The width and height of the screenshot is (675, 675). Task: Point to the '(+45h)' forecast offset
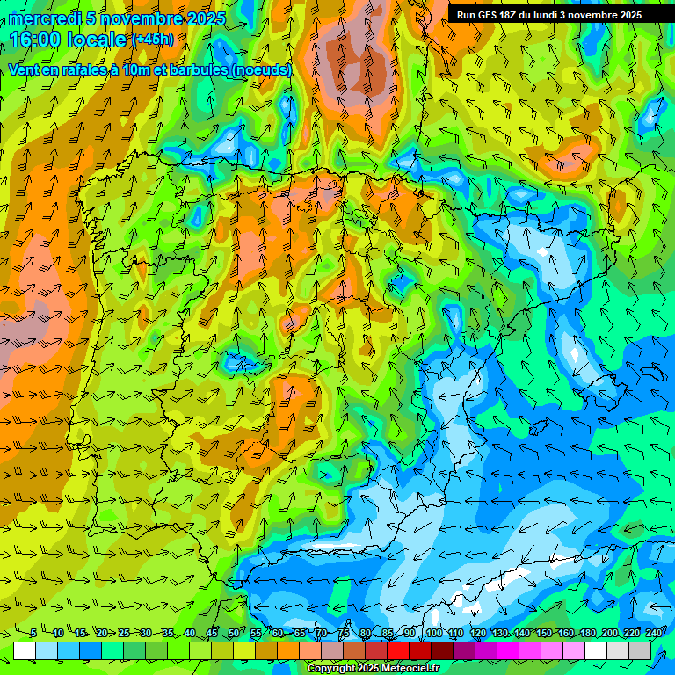click(x=151, y=40)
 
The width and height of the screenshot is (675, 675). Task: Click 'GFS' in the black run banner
click(x=486, y=15)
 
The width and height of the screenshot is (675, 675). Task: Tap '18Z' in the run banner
click(x=512, y=15)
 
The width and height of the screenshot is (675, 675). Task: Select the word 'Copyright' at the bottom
click(x=331, y=669)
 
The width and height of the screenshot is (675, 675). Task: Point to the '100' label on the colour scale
click(x=434, y=633)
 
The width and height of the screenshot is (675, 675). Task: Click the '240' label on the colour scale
click(x=653, y=633)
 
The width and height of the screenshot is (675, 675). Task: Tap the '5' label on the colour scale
click(x=33, y=633)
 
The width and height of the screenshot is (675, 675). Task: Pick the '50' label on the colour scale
click(x=233, y=633)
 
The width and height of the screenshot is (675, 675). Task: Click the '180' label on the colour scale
click(x=586, y=633)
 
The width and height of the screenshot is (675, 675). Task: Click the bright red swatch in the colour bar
click(x=398, y=650)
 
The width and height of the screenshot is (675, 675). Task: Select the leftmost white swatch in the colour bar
click(x=25, y=650)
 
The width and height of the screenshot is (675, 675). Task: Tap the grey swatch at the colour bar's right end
click(x=640, y=650)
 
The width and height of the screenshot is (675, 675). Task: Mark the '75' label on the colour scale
click(x=345, y=633)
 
